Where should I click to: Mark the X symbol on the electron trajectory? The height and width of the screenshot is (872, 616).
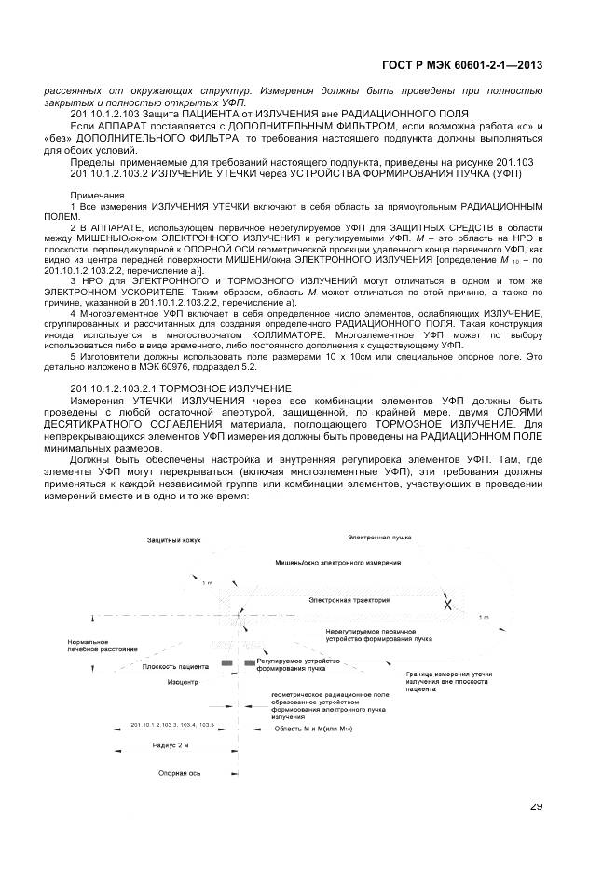pyautogui.click(x=446, y=605)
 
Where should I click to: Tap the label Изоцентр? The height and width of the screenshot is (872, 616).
pyautogui.click(x=183, y=682)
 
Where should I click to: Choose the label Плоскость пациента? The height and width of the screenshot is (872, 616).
pyautogui.click(x=175, y=666)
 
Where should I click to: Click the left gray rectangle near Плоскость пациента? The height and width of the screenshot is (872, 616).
pyautogui.click(x=226, y=662)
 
